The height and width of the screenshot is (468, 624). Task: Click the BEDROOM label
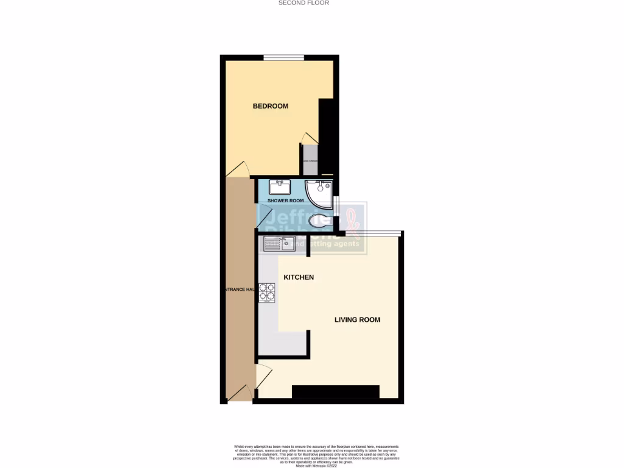pyautogui.click(x=271, y=106)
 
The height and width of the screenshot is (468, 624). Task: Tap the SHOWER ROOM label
pyautogui.click(x=285, y=200)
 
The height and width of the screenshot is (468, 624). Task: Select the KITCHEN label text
pyautogui.click(x=299, y=277)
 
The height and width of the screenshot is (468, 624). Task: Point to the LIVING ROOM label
pyautogui.click(x=357, y=319)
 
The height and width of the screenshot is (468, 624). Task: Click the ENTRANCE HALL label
pyautogui.click(x=237, y=289)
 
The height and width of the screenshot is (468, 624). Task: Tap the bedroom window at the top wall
pyautogui.click(x=283, y=58)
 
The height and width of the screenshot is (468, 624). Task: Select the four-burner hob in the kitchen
pyautogui.click(x=267, y=292)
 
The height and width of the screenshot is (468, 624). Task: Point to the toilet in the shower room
pyautogui.click(x=318, y=220)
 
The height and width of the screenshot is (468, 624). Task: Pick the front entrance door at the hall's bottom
pyautogui.click(x=241, y=393)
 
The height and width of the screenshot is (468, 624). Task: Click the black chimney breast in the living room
pyautogui.click(x=335, y=392)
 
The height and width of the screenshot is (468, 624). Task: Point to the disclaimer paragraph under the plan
pyautogui.click(x=312, y=455)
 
